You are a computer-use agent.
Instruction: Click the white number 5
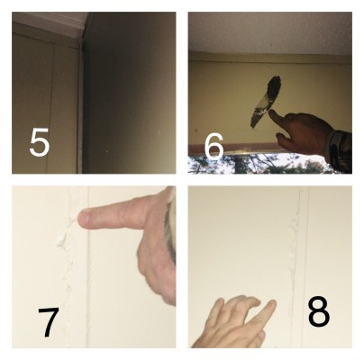coord(40,142)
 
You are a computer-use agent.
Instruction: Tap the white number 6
coord(214,147)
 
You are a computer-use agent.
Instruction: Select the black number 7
coord(49,322)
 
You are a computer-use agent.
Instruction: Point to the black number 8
coord(319,311)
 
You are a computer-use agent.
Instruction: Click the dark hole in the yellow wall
coord(265,101)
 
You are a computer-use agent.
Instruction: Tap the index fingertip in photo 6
coord(271,112)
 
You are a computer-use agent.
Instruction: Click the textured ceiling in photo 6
coord(270,33)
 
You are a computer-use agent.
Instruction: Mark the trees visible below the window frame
coord(259,164)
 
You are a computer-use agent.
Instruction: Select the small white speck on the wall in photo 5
coord(108,151)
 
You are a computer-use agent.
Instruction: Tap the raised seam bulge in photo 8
coord(293,255)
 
